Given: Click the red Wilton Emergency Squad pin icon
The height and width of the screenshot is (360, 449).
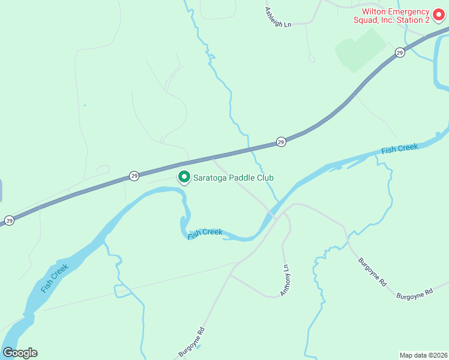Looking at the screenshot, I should (439, 14).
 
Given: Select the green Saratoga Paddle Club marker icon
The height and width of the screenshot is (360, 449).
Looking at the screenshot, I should (184, 178).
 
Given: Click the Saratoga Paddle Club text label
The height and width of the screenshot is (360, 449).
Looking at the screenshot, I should (233, 178).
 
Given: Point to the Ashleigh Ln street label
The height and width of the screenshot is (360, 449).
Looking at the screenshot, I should (277, 17).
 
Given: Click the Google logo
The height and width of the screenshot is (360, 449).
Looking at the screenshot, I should (20, 353).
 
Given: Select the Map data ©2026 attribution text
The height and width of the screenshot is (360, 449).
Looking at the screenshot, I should (424, 355).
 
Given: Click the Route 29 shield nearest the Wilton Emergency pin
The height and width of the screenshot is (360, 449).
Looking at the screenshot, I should (400, 53).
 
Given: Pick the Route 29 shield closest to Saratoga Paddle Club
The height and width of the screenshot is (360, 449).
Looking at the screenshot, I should (134, 176).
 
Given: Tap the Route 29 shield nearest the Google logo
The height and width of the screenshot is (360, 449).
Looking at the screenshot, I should (9, 221).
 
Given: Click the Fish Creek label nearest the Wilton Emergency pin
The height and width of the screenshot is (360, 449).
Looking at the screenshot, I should (399, 148).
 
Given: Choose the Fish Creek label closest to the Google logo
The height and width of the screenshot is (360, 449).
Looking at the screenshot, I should (55, 278).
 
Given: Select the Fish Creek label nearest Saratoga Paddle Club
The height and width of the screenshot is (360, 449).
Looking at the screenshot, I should (205, 233).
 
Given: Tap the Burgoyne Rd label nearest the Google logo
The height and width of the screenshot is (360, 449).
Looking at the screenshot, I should (191, 341).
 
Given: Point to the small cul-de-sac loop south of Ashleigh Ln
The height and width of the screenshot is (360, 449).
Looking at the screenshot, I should (311, 58).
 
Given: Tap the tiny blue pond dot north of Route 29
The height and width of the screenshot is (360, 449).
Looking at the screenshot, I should (85, 106).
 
